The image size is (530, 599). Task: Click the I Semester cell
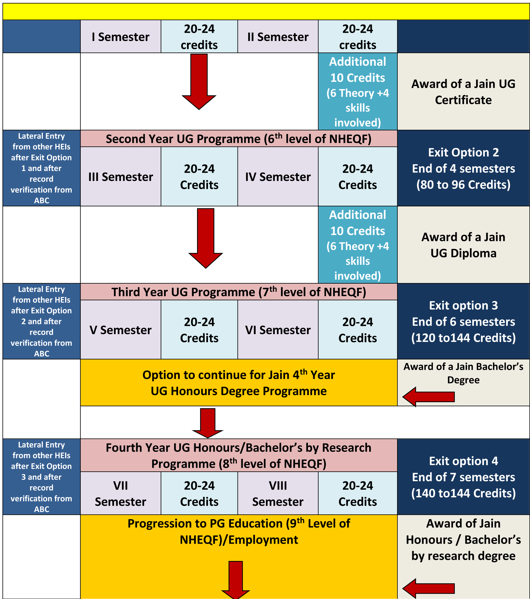(x=120, y=37)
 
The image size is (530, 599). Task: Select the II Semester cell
(x=278, y=37)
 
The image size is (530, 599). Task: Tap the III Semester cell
(x=120, y=176)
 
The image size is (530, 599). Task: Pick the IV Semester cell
(x=278, y=176)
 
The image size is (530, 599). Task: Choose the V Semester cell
(x=120, y=330)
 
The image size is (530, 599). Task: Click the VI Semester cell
(x=278, y=330)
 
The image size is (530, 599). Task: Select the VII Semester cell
(x=120, y=493)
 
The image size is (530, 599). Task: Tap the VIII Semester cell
(x=278, y=493)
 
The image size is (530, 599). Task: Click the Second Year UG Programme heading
(x=239, y=139)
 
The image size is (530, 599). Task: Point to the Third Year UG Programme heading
(x=239, y=292)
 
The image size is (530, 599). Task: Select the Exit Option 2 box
(x=463, y=168)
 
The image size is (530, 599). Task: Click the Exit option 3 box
(x=463, y=321)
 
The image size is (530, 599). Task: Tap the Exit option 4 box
(x=463, y=477)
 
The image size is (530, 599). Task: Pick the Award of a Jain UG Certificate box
(x=463, y=92)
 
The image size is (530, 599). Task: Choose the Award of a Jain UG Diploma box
(x=463, y=245)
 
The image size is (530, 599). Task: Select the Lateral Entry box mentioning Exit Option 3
(x=41, y=477)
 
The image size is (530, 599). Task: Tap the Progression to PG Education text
(x=239, y=531)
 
